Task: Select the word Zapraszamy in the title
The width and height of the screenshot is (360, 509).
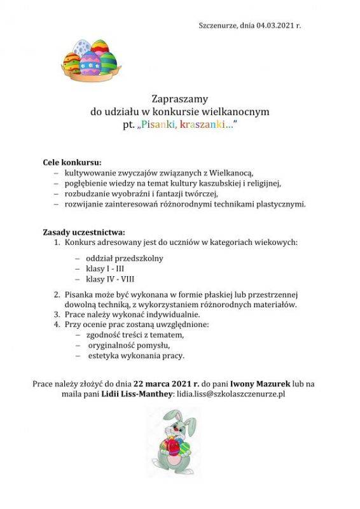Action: [180, 99]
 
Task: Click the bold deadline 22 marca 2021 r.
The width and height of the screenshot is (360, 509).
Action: [167, 384]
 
